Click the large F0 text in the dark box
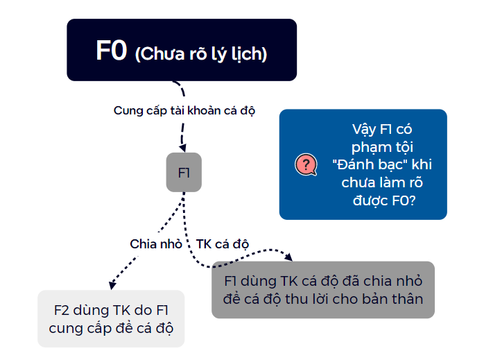point(111,52)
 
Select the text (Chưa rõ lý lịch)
point(201,54)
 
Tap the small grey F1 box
point(184,173)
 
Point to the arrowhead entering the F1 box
point(183,147)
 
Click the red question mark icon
point(306,165)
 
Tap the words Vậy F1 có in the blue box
point(383,130)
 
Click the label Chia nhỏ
point(156,244)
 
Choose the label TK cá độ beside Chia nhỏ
point(223,244)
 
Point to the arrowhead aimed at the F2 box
point(113,284)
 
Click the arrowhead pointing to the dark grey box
point(288,257)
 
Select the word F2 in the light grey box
point(63,311)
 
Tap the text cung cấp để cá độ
point(111,328)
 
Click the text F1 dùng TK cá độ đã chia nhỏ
point(323,281)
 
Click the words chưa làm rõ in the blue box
point(382,183)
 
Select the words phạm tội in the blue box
point(382,147)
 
